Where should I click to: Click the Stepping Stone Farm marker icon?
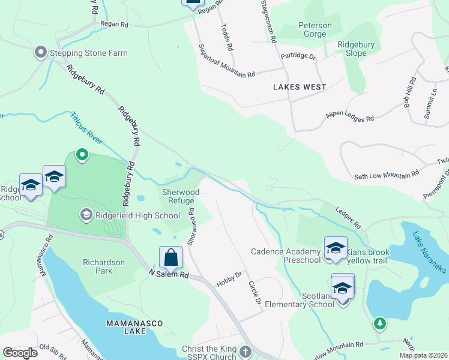point(41,53)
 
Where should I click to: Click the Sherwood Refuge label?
point(181,197)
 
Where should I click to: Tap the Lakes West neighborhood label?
point(300,87)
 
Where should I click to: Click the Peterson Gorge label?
point(315,30)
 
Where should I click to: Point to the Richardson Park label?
point(104,266)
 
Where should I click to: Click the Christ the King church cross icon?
point(244,351)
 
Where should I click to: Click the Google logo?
point(20,352)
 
